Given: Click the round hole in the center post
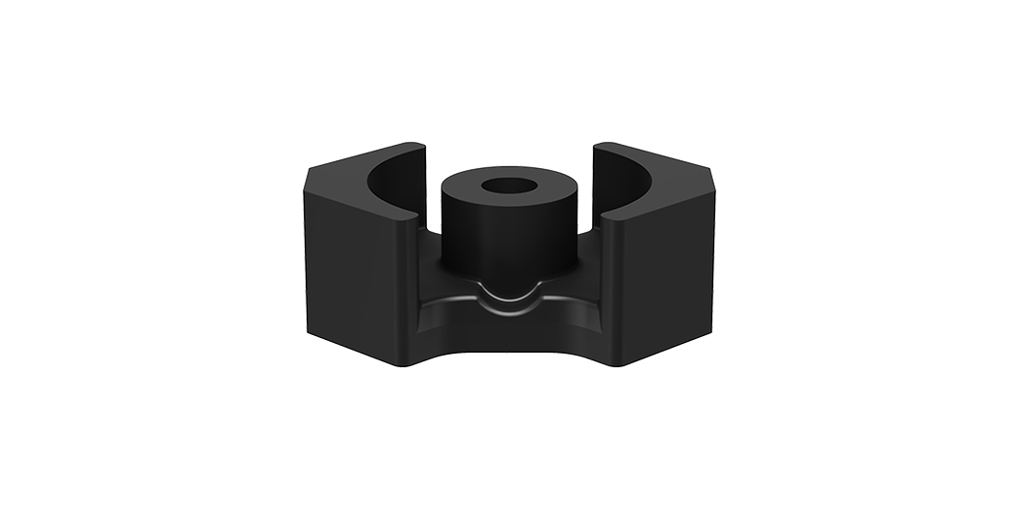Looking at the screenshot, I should pyautogui.click(x=509, y=186).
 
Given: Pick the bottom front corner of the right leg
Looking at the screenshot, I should pyautogui.click(x=618, y=365).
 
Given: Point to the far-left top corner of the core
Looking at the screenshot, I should pyautogui.click(x=308, y=172).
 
